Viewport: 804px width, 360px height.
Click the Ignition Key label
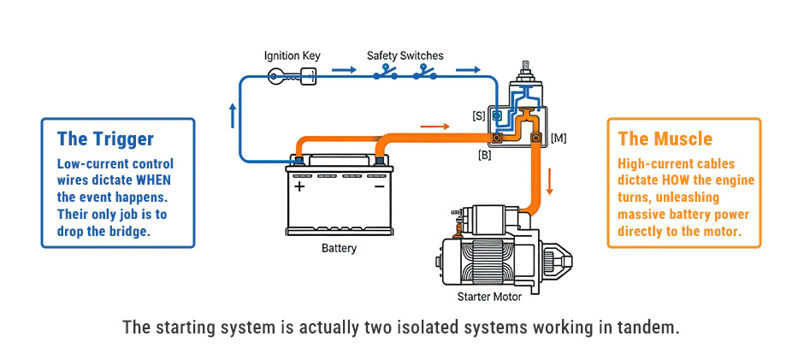[x=292, y=56]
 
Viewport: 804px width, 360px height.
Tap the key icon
[x=292, y=77]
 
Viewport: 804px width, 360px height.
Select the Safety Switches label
[x=405, y=56]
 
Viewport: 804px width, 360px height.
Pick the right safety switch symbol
[x=425, y=74]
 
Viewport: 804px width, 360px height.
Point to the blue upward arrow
[x=232, y=115]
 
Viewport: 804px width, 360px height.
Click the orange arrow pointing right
[x=435, y=127]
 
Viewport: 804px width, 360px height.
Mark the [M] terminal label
[x=558, y=137]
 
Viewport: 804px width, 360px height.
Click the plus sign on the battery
[x=299, y=186]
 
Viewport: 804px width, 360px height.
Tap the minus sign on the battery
[x=378, y=186]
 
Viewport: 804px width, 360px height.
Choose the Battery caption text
[x=338, y=249]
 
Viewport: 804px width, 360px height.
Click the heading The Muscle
[x=665, y=139]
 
